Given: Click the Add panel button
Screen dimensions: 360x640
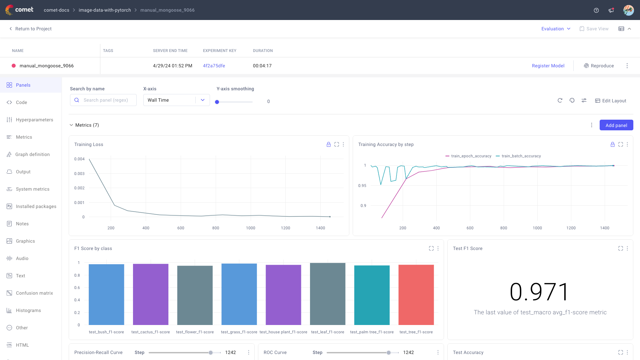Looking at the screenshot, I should click(616, 125).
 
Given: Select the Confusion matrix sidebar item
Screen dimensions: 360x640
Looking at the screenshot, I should click(34, 293).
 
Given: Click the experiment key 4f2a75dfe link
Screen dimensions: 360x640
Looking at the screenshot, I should click(214, 66).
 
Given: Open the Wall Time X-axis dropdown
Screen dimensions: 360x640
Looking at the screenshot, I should click(176, 100).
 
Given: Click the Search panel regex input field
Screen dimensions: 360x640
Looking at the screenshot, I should click(106, 100).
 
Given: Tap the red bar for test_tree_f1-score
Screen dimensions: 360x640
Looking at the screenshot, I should click(416, 295).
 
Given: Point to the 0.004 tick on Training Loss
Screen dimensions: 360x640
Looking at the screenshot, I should click(79, 159).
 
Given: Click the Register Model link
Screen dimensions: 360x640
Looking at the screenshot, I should click(548, 66).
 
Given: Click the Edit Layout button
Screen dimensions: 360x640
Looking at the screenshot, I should click(611, 101).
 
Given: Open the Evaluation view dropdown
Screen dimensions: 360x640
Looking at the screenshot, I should click(556, 29).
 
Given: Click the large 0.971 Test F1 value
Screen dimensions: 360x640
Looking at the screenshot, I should click(540, 292).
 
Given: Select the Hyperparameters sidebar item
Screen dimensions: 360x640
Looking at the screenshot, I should click(34, 120).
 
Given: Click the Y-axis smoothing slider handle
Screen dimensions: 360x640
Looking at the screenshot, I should click(217, 102).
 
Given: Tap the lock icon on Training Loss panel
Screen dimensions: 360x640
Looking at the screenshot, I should click(328, 144).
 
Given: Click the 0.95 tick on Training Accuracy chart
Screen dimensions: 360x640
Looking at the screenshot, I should click(362, 186).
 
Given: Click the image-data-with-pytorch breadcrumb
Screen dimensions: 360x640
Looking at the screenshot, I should click(105, 10).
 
